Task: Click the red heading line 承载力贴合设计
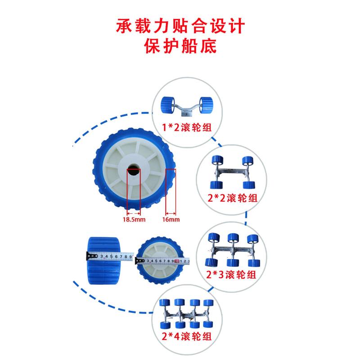(x=180, y=26)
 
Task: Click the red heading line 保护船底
(x=180, y=46)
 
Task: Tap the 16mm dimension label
(x=171, y=220)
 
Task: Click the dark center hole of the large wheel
(x=134, y=171)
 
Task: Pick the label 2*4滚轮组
(x=187, y=336)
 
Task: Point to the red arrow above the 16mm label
(x=171, y=212)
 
